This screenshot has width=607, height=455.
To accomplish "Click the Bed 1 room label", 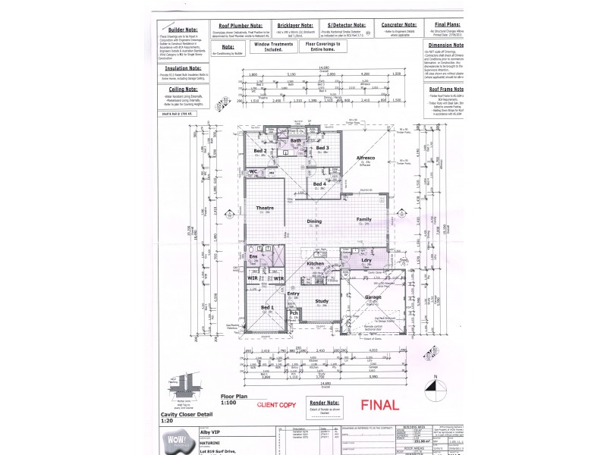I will point(266,306).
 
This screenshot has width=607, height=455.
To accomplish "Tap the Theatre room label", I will point(264,208).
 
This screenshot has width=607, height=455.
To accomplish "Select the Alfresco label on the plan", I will point(366,158).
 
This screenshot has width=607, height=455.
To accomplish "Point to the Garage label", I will point(373,298).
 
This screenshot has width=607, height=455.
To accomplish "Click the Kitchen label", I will point(316,263).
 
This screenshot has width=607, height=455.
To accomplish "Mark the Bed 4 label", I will point(319,184).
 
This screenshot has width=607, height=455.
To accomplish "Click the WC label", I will point(254,172).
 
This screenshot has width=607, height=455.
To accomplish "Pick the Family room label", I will point(364,219).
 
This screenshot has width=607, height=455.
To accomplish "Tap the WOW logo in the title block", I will point(176,441).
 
